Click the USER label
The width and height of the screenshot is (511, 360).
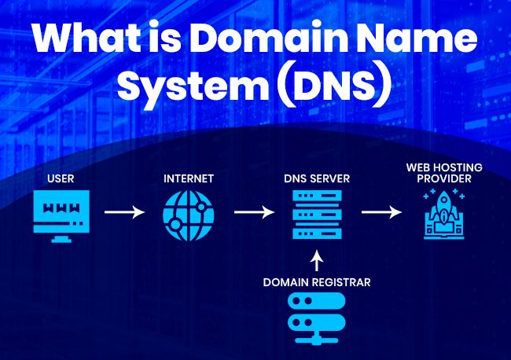61,179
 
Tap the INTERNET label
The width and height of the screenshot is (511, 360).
189,179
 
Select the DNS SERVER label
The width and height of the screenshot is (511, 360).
317,179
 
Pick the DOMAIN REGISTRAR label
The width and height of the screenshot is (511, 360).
317,281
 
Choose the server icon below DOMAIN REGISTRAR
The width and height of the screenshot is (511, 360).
317,317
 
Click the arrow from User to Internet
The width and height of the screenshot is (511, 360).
125,212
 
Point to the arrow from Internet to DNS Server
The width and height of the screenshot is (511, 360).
253,212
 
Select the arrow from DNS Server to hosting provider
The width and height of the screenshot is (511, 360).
381,212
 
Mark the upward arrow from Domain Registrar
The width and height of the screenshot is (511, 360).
317,261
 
